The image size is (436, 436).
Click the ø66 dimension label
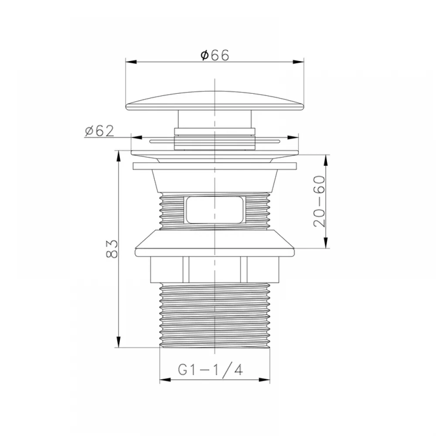[x=215, y=55]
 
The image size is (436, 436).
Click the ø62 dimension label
[x=99, y=131]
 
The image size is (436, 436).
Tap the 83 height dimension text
[x=112, y=249]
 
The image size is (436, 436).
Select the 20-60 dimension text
[x=319, y=201]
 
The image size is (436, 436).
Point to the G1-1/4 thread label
[x=211, y=370]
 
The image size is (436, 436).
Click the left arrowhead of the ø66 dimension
[x=131, y=62]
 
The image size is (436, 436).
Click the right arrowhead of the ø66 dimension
[x=298, y=62]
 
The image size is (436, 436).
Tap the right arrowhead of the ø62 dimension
[x=293, y=137]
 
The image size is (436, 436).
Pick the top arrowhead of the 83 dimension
[x=119, y=156]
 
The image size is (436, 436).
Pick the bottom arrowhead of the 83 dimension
[x=119, y=342]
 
